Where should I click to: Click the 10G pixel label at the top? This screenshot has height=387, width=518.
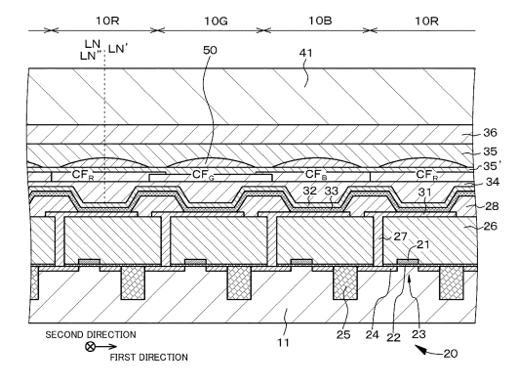pyautogui.click(x=216, y=21)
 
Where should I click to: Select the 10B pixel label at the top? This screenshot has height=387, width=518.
pyautogui.click(x=320, y=21)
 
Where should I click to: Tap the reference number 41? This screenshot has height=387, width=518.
pyautogui.click(x=306, y=53)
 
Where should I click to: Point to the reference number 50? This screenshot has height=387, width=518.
pyautogui.click(x=210, y=50)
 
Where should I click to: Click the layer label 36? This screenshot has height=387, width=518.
pyautogui.click(x=490, y=133)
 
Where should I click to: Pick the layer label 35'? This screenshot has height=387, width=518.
pyautogui.click(x=491, y=166)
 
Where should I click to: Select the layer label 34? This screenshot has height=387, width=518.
pyautogui.click(x=493, y=182)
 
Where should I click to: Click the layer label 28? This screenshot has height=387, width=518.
pyautogui.click(x=492, y=206)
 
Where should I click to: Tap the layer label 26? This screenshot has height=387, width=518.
pyautogui.click(x=491, y=226)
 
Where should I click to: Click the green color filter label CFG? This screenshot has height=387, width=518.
pyautogui.click(x=203, y=175)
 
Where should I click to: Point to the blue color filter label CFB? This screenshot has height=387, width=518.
pyautogui.click(x=316, y=175)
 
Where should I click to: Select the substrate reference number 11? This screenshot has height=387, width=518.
pyautogui.click(x=283, y=342)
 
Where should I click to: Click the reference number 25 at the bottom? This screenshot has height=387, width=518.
pyautogui.click(x=343, y=334)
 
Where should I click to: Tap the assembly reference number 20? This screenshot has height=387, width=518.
pyautogui.click(x=451, y=354)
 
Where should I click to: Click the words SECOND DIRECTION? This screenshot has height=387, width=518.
pyautogui.click(x=91, y=334)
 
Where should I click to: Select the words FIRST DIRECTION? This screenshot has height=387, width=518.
pyautogui.click(x=148, y=358)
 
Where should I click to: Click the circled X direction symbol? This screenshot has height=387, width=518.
pyautogui.click(x=90, y=347)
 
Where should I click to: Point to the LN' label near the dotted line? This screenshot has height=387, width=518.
pyautogui.click(x=118, y=49)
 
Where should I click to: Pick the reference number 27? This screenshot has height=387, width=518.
pyautogui.click(x=400, y=236)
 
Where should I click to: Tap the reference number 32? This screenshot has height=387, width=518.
pyautogui.click(x=310, y=191)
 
